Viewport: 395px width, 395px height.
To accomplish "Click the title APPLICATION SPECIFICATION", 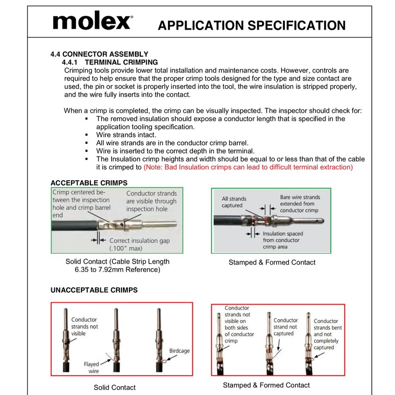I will coord(251,25).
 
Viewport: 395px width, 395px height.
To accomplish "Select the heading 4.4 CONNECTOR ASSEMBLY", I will coord(99,54).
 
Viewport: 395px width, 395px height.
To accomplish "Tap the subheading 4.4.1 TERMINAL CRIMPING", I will coord(109,62).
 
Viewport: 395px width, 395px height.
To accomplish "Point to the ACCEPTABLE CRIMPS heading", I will coord(89,182).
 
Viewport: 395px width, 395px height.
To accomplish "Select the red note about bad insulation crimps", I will coord(248,167).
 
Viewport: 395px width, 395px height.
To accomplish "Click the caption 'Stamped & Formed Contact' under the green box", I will coord(272,262).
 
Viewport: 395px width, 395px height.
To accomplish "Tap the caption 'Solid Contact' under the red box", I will coord(115,388).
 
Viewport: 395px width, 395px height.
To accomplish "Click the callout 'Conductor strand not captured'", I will coord(285,327).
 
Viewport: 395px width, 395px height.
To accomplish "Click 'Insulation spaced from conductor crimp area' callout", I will coord(285,239).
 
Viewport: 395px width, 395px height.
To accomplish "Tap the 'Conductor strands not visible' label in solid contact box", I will coord(84,326).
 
